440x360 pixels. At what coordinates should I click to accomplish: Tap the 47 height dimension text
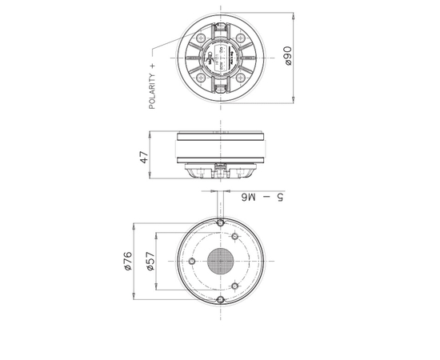click(145, 157)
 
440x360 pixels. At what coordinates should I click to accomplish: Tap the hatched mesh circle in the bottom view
click(218, 262)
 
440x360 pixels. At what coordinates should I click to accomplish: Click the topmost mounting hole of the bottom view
click(219, 222)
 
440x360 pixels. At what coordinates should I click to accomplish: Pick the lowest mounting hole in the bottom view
click(218, 301)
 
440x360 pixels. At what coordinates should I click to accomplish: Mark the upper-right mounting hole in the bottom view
click(234, 238)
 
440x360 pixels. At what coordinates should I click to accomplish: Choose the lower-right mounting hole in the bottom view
click(234, 286)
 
